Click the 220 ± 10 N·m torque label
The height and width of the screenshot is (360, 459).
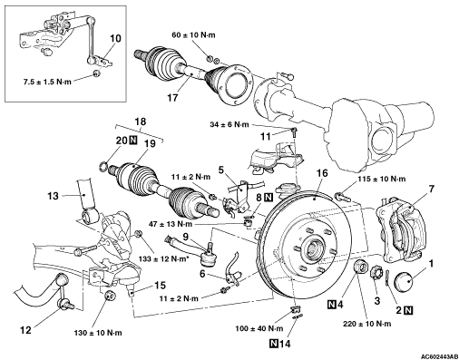pos(367,324)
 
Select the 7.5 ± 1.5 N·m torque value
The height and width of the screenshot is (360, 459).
pos(47,82)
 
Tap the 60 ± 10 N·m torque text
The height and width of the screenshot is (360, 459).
pos(193,35)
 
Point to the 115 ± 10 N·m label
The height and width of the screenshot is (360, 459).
pos(382,179)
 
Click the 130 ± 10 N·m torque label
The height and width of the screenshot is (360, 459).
pos(98,333)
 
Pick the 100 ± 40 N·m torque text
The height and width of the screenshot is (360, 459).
pos(259,328)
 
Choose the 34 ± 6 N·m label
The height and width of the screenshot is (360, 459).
pos(229,124)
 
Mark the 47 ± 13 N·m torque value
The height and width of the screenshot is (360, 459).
pos(171,224)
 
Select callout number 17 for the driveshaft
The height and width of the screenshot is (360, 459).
pos(173,98)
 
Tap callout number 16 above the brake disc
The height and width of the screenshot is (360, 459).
pos(322,173)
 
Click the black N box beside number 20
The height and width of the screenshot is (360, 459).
pos(132,140)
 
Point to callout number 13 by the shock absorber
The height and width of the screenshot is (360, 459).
pos(53,196)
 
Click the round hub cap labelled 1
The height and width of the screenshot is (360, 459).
pos(404,281)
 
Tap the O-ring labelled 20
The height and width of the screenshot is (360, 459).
pos(103,166)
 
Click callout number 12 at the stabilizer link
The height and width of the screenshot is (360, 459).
pos(25,330)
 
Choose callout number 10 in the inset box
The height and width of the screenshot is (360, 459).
pos(115,38)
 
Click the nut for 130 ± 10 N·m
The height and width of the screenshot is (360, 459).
pos(109,296)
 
